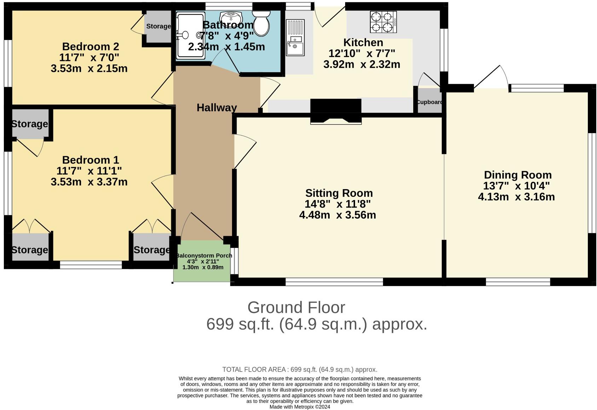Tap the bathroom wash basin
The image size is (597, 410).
(231, 17)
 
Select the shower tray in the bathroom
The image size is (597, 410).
(190, 35)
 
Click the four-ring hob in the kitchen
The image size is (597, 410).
(383, 22)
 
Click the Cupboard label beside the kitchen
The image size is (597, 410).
(430, 102)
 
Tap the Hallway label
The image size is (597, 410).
(216, 108)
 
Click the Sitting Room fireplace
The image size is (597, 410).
(336, 112)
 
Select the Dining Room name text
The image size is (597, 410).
(517, 175)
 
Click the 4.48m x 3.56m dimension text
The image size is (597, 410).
(337, 215)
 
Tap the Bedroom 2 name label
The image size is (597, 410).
(91, 46)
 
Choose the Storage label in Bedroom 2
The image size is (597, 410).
(158, 26)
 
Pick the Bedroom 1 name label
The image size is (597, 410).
(91, 160)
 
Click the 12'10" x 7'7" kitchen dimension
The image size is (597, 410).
(362, 53)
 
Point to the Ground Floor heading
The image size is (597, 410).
(296, 307)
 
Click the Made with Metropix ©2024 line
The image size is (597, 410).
(300, 407)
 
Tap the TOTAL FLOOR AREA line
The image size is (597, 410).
(300, 370)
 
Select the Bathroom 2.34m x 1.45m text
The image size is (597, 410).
(226, 47)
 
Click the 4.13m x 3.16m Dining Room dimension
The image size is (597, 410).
(516, 197)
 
